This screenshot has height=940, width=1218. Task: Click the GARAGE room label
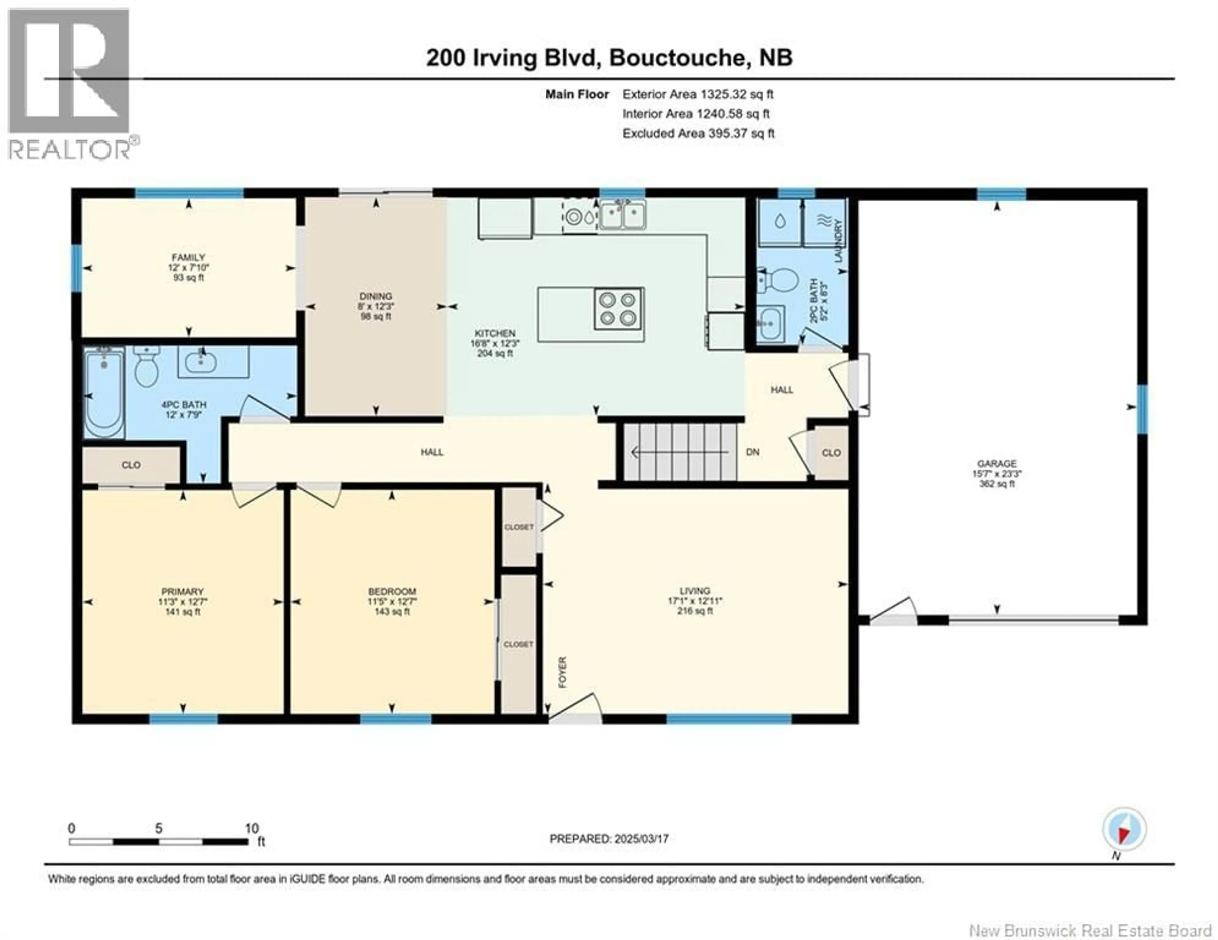[x=997, y=463]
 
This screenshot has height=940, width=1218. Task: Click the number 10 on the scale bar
[x=252, y=828]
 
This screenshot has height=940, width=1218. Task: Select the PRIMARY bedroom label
[x=182, y=591]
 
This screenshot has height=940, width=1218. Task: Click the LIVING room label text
[x=695, y=591]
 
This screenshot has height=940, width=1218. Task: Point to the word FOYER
[x=562, y=672]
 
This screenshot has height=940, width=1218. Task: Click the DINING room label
[x=376, y=296]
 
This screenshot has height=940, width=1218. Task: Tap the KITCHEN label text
[x=495, y=333]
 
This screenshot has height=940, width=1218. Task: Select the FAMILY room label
[x=188, y=257]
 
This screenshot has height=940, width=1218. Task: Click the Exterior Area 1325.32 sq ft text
[x=698, y=94]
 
